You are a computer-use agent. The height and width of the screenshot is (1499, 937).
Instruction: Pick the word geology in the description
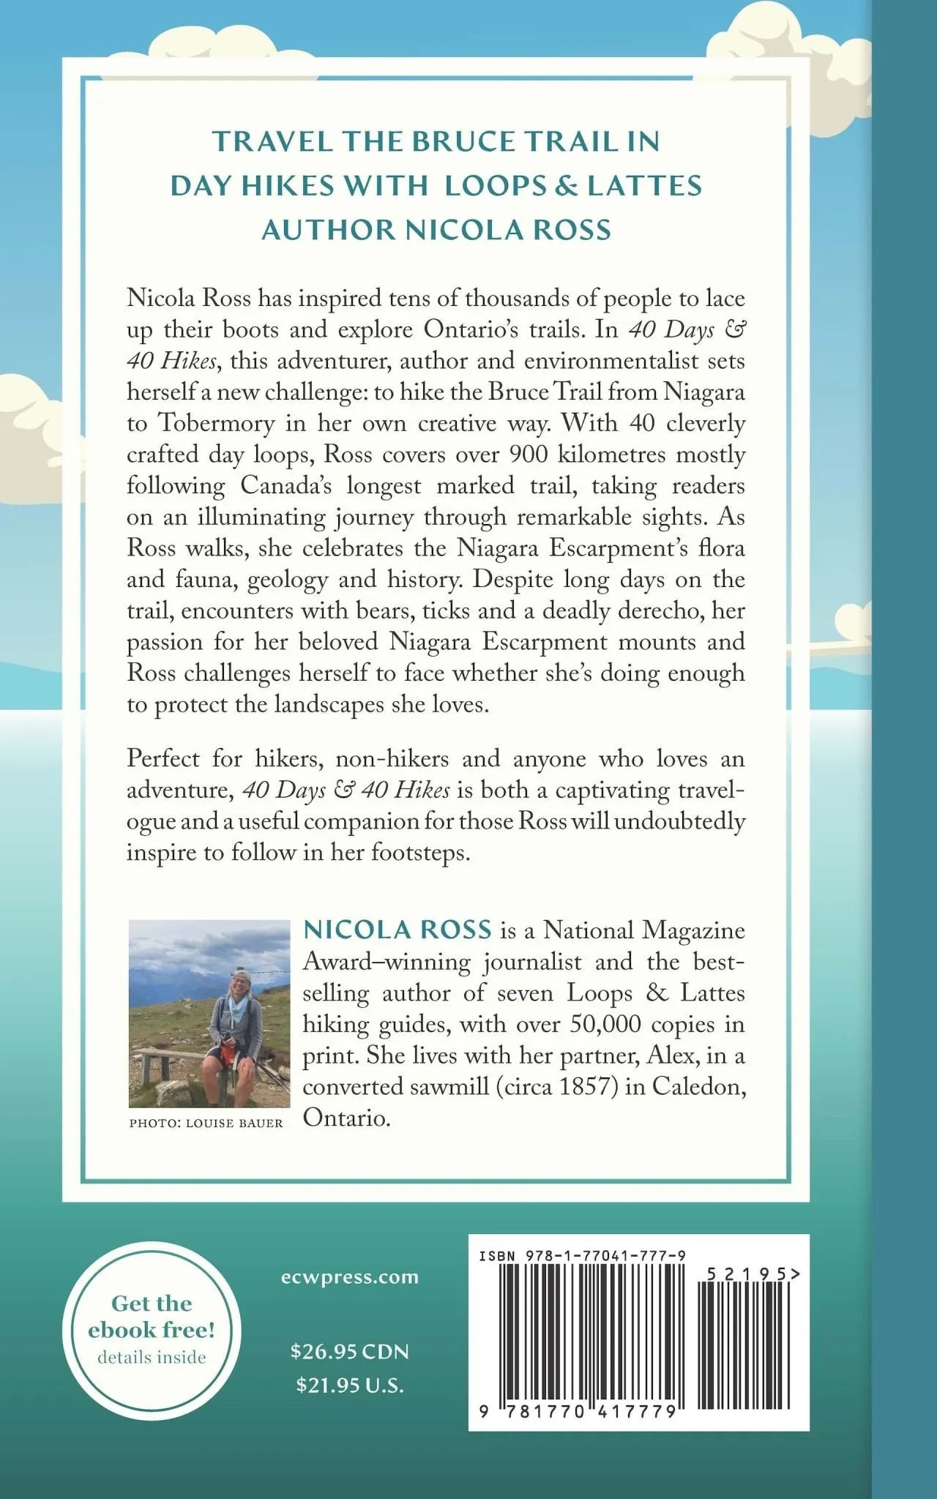pos(288,580)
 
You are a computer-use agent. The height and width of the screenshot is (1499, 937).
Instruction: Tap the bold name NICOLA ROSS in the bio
pos(397,929)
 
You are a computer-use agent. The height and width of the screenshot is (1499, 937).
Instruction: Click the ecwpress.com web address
pos(349,1277)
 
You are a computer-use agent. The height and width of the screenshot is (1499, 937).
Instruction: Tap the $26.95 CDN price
pos(349,1351)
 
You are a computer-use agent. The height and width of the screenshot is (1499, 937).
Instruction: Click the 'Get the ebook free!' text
pos(152,1316)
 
